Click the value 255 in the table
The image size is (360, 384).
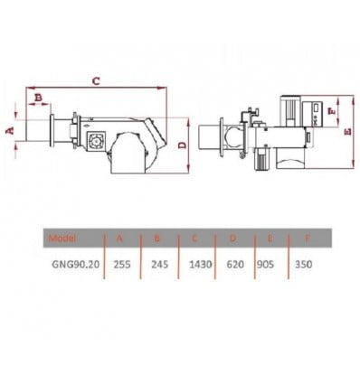point(122,265)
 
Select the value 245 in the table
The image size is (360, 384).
point(160,265)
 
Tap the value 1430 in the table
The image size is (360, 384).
point(201,265)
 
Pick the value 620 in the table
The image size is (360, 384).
point(235,265)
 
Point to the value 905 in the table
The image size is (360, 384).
point(265,265)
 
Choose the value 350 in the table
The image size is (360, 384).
point(304,265)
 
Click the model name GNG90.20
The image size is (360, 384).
point(76,265)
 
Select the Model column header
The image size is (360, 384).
point(62,239)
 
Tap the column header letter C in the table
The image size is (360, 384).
point(194,239)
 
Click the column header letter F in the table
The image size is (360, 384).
point(308,239)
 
